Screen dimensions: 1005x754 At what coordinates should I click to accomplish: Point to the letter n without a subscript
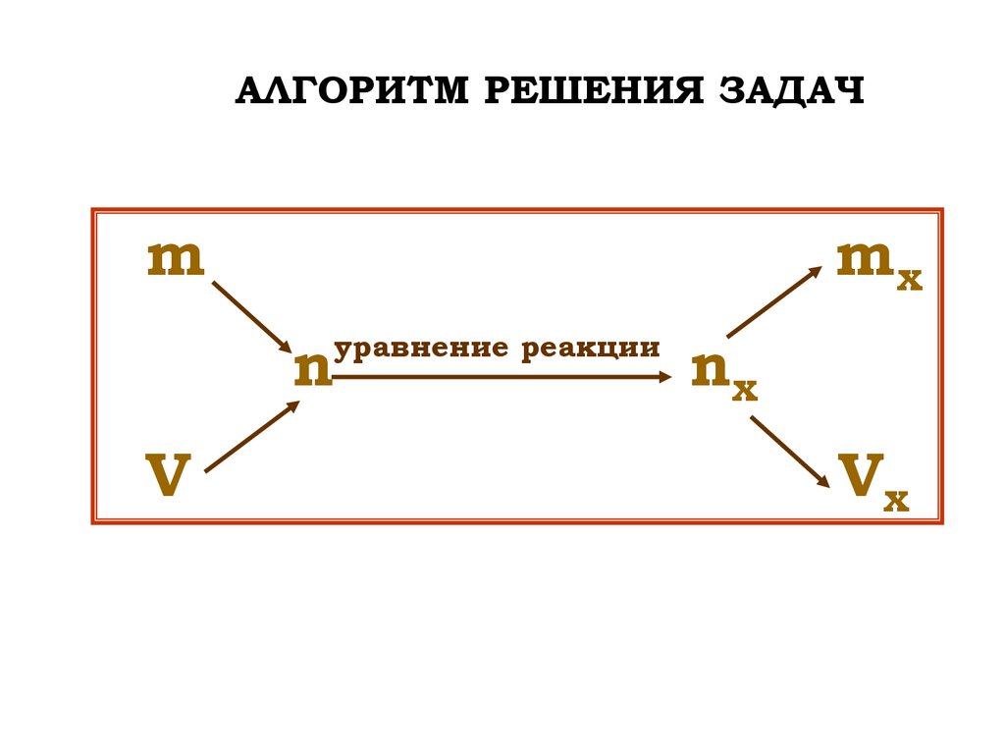(313, 372)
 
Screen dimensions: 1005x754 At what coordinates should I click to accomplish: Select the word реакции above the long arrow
(591, 348)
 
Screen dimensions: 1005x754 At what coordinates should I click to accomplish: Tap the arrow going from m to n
(251, 317)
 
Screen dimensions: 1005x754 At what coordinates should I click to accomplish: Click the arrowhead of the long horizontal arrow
(667, 376)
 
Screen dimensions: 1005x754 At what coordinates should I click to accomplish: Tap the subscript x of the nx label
(745, 391)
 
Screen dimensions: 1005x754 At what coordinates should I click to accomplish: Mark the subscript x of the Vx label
(896, 501)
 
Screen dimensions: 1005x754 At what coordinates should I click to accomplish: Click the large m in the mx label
(866, 260)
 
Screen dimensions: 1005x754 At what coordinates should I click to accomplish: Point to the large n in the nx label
(709, 370)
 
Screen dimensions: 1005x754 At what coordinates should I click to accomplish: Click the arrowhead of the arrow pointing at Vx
(822, 482)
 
